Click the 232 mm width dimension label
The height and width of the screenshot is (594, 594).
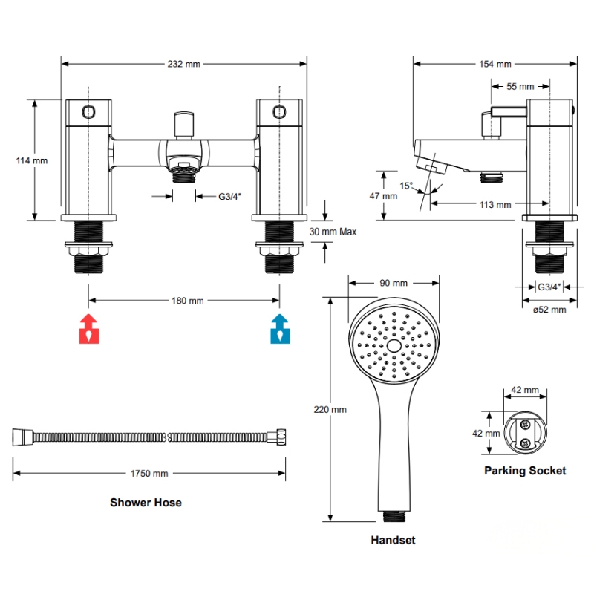183,64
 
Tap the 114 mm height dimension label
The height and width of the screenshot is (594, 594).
32,160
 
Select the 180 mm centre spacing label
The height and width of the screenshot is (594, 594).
188,301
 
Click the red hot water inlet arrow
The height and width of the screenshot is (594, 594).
89,329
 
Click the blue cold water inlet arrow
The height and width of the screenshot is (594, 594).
281,329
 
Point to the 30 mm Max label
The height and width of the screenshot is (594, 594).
333,232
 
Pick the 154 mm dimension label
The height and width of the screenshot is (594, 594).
495,64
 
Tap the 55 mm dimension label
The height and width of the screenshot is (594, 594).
520,87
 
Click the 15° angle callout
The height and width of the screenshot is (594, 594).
406,186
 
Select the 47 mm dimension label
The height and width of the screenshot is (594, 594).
383,196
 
